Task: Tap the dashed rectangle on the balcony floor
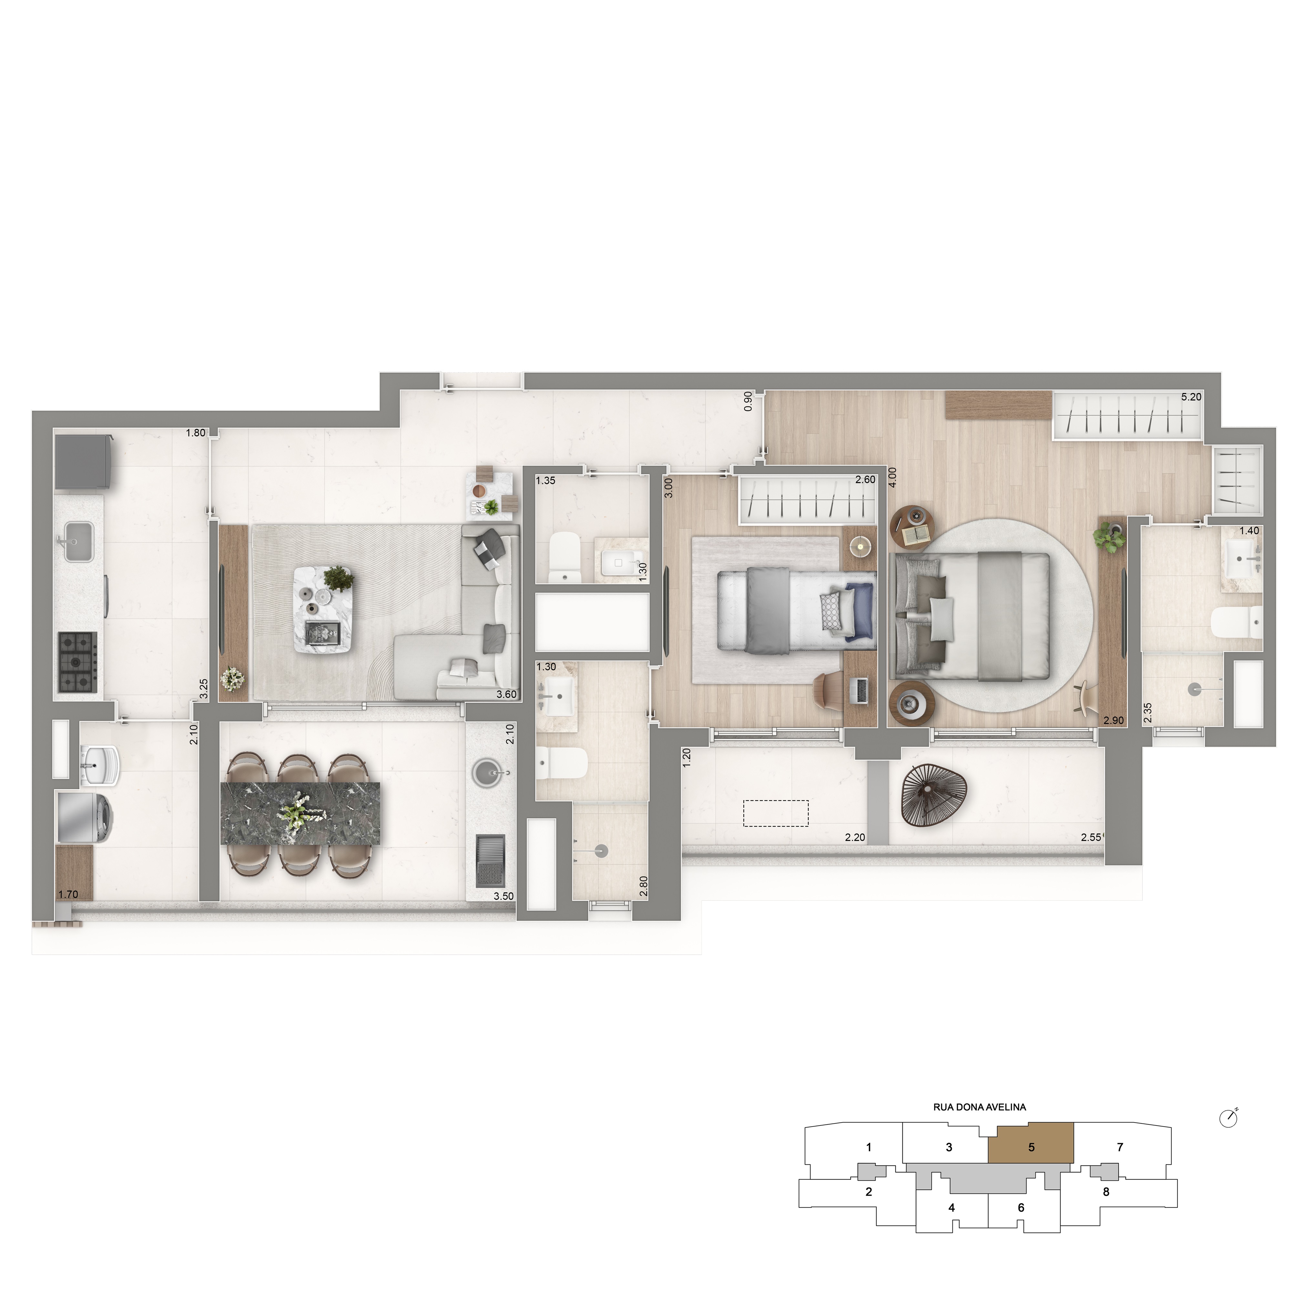776,813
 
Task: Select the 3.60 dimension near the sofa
506,694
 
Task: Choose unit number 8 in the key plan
1106,1192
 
